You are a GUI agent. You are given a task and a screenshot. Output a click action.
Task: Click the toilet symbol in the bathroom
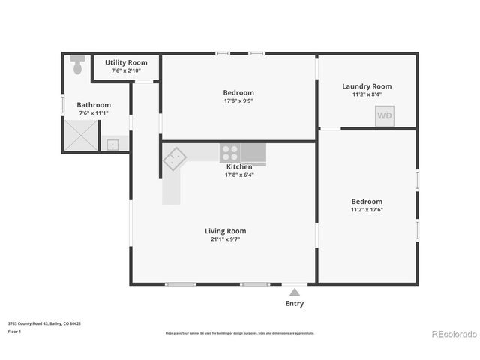[77, 66]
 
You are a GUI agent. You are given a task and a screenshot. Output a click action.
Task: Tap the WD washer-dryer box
[385, 115]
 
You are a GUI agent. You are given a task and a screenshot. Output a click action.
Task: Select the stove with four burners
[230, 153]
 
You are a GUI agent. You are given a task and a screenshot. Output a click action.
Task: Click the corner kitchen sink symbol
[175, 158]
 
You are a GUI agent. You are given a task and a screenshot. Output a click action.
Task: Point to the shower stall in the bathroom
[80, 136]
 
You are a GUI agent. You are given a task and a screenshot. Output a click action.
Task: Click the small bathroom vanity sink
[112, 144]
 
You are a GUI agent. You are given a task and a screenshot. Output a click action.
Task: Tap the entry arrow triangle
[295, 292]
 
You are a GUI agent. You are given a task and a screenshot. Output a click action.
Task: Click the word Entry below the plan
[295, 304]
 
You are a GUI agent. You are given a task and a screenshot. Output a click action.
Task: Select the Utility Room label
[126, 62]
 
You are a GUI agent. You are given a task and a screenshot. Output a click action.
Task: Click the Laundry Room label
[367, 86]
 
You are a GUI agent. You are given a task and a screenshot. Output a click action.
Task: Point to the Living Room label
[226, 231]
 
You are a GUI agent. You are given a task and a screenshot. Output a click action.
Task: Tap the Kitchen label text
[239, 167]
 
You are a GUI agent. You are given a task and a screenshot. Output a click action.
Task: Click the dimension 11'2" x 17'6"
[367, 210]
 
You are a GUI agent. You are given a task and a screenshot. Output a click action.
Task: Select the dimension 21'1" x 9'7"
[226, 239]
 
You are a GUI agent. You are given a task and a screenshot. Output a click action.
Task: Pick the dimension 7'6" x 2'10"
[126, 70]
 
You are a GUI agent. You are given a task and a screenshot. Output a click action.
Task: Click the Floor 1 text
[14, 331]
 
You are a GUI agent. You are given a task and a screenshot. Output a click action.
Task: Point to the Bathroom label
[94, 105]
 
